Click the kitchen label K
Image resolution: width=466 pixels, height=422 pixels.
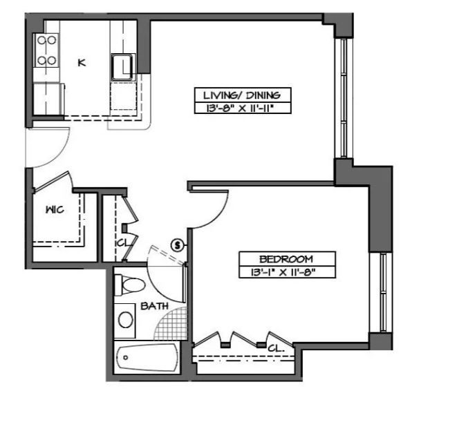tap(82, 63)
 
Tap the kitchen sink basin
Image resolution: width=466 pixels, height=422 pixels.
tap(122, 67)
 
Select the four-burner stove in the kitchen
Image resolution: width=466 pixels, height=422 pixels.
tap(46, 50)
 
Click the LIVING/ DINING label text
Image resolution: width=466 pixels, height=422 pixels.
tap(241, 95)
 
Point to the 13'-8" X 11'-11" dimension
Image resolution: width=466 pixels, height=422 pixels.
tap(239, 108)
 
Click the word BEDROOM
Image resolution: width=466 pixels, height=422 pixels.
tap(286, 259)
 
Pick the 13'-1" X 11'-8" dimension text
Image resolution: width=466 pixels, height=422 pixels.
tap(283, 272)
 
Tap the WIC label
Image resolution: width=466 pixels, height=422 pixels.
tap(55, 210)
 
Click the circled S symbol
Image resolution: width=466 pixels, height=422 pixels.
tap(178, 245)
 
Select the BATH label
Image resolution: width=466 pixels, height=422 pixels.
tap(154, 306)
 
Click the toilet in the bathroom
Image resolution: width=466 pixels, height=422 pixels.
tap(130, 285)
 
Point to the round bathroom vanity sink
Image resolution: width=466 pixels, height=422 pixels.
tap(125, 319)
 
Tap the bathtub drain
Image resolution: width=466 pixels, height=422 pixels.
tap(125, 357)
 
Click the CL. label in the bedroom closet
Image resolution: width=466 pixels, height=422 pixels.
tap(276, 348)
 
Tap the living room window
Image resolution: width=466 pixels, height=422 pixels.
tap(344, 98)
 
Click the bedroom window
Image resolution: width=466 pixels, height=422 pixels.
tap(384, 293)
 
